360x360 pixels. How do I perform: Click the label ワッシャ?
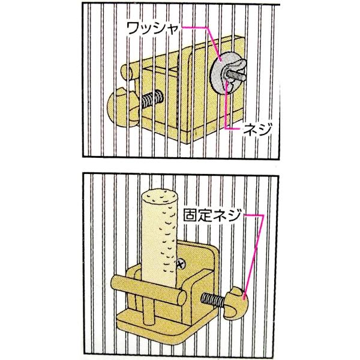point(152,28)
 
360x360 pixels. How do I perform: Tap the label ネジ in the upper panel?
point(257,129)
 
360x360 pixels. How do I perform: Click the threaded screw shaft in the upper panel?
point(152,100)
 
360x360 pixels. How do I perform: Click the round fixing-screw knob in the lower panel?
point(236,304)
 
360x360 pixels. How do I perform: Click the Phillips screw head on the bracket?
point(181,264)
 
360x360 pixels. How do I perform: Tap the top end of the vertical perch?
point(160,197)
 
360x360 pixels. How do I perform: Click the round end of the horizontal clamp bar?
point(182,298)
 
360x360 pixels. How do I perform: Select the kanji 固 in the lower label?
point(190,215)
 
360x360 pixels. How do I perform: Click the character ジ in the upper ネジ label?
point(265,129)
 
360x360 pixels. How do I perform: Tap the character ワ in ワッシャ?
point(133,28)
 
